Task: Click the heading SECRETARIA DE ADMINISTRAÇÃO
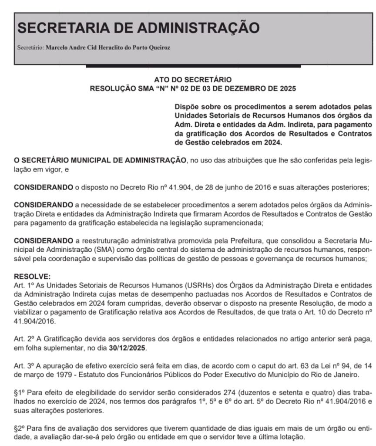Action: click(x=138, y=27)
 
